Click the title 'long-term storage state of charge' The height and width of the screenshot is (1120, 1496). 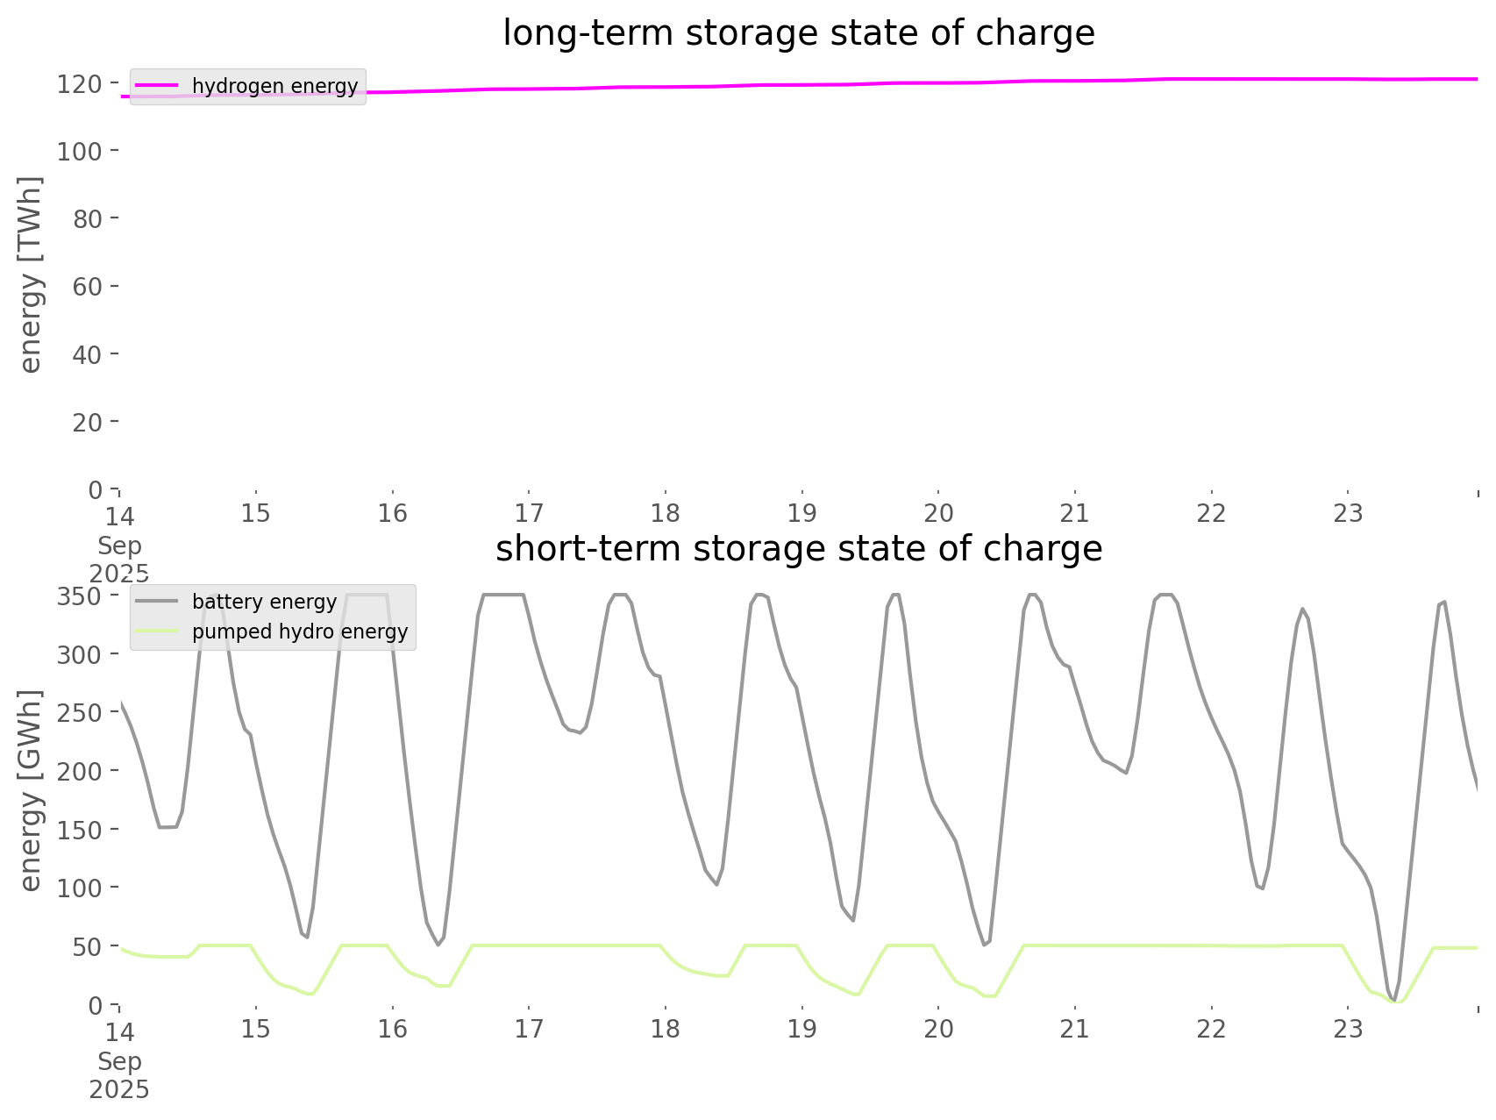[798, 33]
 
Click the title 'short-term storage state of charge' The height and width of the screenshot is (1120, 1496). [798, 549]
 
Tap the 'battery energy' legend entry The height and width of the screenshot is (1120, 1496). [264, 602]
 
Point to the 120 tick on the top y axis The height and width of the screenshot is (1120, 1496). [80, 83]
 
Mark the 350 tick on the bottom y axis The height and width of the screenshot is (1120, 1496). [80, 596]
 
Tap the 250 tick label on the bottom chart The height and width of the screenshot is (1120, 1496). [80, 713]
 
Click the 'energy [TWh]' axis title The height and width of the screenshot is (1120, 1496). [30, 275]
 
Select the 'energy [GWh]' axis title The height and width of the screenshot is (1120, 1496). [30, 790]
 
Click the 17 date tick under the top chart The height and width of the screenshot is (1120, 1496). [529, 513]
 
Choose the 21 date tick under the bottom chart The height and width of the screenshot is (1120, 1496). [1074, 1029]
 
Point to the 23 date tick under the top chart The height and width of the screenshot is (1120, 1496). [1348, 513]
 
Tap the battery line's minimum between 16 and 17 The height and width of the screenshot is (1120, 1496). [438, 945]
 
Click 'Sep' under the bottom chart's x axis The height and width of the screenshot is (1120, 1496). [119, 1061]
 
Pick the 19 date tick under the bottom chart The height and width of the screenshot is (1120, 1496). [801, 1029]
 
